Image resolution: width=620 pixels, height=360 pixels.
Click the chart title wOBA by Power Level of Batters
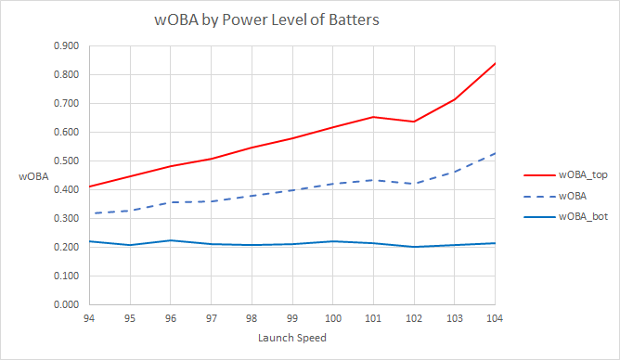(267, 19)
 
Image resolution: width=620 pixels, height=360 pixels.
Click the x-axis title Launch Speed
(292, 338)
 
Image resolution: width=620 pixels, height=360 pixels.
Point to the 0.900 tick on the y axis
(66, 45)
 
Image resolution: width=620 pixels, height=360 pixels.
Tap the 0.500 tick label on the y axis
(66, 161)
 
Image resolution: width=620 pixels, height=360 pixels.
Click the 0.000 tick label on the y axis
(66, 304)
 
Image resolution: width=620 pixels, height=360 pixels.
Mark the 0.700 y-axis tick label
(66, 103)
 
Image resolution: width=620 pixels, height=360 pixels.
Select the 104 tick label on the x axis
(495, 316)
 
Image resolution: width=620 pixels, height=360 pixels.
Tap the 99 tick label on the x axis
(292, 316)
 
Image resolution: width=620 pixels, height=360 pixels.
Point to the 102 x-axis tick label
(414, 316)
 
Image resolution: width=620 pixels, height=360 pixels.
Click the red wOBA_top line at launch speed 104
(494, 64)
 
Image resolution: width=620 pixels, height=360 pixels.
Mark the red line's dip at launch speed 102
(414, 122)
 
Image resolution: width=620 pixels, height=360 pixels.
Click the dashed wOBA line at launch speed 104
(494, 154)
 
